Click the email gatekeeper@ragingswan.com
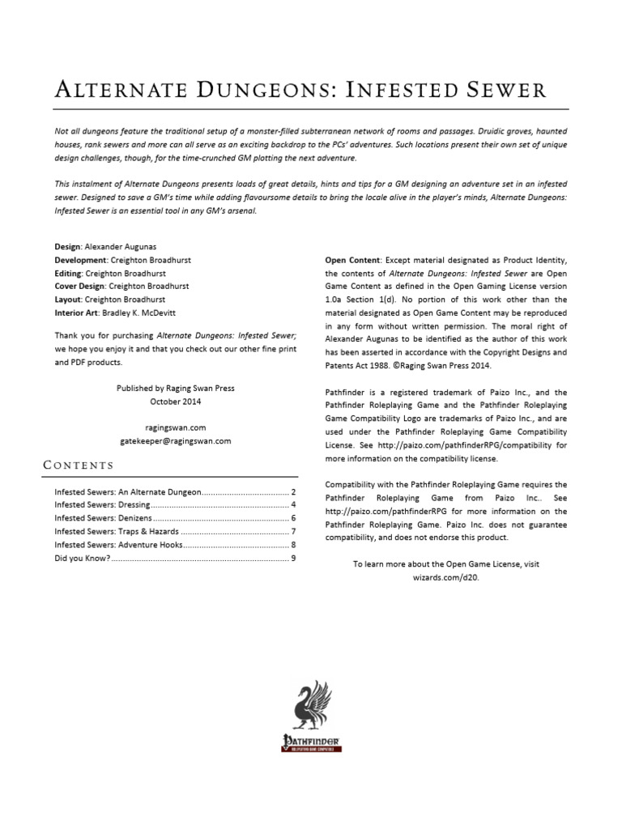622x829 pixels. (x=176, y=440)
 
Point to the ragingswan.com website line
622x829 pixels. (x=176, y=427)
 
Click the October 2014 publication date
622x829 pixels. (x=176, y=402)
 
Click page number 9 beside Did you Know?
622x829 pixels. (x=293, y=558)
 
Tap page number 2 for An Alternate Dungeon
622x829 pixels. (x=293, y=492)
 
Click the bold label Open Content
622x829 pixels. (x=351, y=261)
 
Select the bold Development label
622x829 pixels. (x=79, y=260)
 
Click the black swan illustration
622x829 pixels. (x=311, y=704)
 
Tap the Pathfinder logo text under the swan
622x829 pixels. (x=311, y=740)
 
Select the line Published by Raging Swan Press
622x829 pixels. (x=176, y=389)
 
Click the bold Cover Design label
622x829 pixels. (x=80, y=286)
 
